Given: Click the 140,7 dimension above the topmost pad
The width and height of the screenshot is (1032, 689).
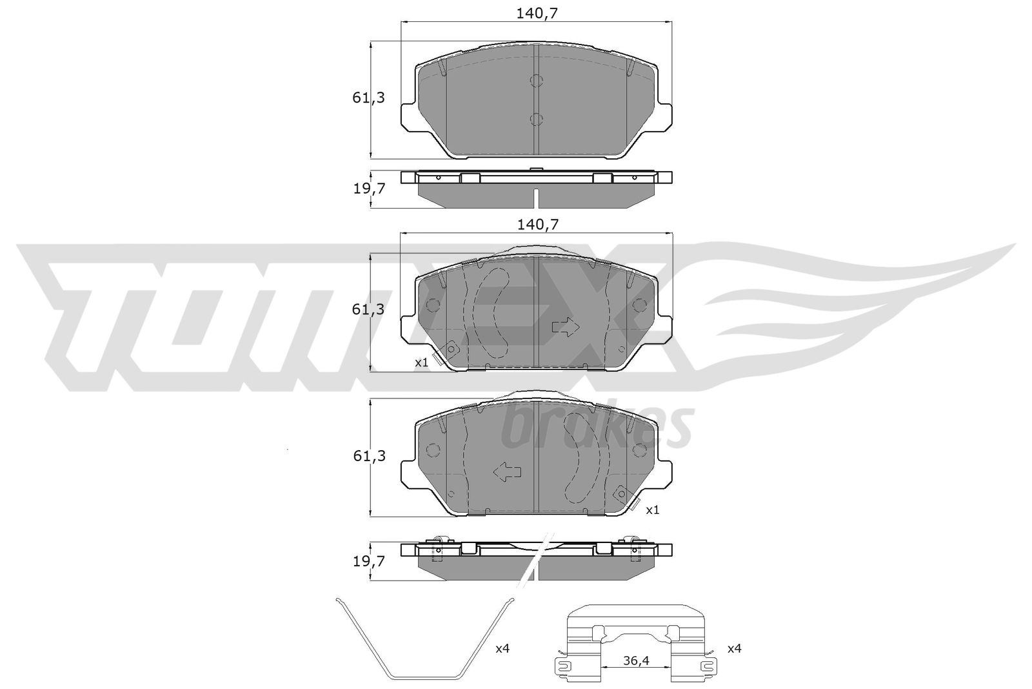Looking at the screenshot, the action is tap(537, 14).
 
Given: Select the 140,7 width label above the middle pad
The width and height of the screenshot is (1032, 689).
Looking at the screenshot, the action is tap(538, 225).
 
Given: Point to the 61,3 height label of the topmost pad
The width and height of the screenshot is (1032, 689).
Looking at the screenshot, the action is tap(368, 98).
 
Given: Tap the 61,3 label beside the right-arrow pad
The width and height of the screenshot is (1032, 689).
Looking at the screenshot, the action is tap(368, 309).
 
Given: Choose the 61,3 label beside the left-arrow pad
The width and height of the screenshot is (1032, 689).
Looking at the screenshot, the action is tap(369, 456).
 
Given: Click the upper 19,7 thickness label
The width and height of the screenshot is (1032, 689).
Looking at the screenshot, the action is tap(369, 189).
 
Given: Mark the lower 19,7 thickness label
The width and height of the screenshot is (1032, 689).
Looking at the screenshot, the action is tap(369, 561).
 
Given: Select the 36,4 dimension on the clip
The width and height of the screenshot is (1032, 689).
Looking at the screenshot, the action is tap(636, 661).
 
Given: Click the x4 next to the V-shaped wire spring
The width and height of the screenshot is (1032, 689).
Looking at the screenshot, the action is tap(502, 648).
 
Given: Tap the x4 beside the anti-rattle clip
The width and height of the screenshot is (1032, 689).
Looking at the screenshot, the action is tap(735, 648).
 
